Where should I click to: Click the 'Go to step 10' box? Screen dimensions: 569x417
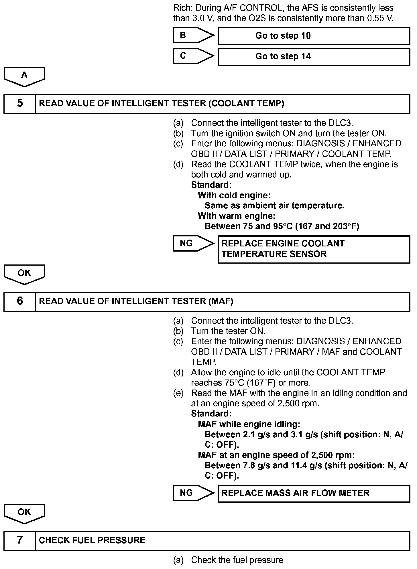(314, 36)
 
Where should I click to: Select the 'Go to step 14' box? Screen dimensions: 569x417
(314, 56)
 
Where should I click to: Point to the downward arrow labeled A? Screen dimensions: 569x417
(24, 76)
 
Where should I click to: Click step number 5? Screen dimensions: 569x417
(20, 103)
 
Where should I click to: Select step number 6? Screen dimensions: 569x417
(20, 301)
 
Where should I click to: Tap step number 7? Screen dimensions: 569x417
(20, 540)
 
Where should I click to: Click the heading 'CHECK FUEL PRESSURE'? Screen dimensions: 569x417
(92, 540)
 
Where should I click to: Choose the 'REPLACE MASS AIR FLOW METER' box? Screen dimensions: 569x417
(314, 493)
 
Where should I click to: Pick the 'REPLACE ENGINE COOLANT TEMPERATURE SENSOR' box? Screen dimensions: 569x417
(314, 249)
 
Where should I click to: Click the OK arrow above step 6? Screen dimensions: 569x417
(24, 274)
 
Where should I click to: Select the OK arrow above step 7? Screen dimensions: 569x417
(24, 513)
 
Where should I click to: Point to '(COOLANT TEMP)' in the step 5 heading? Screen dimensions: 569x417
(246, 103)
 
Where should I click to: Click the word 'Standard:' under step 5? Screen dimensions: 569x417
(211, 185)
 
